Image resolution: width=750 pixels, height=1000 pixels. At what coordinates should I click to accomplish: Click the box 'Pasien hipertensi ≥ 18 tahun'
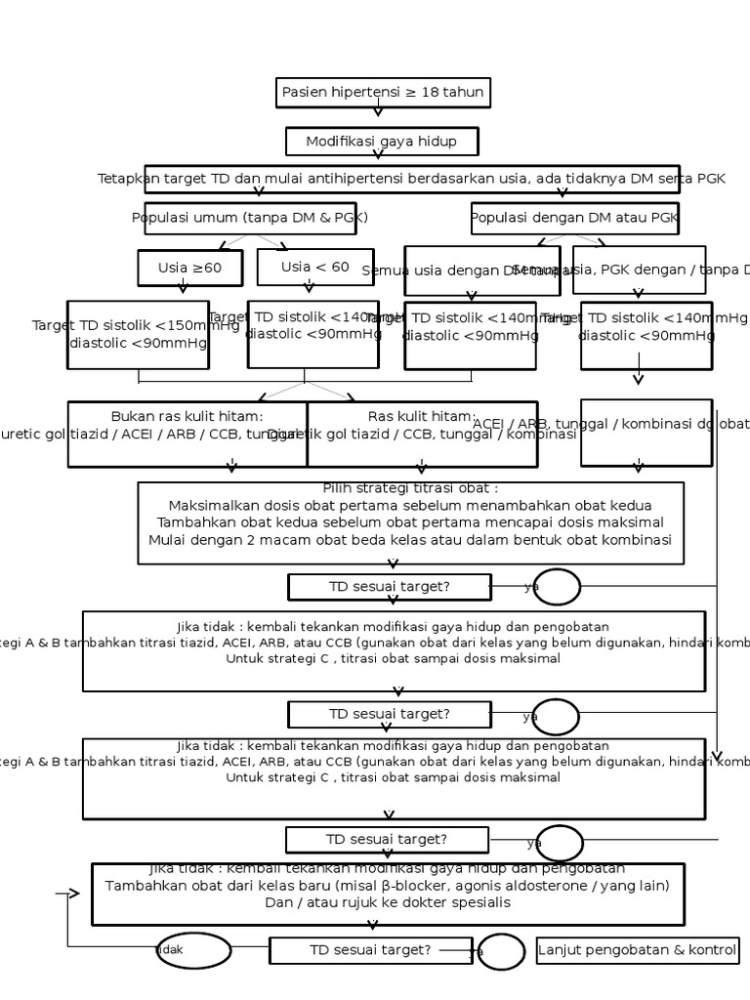pyautogui.click(x=382, y=93)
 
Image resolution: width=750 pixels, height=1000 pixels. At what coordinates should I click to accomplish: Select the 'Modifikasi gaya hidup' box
pyautogui.click(x=382, y=142)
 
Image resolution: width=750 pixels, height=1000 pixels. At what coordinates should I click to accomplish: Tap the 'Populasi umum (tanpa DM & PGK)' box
pyautogui.click(x=250, y=217)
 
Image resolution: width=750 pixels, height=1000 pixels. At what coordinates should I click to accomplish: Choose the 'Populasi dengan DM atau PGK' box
pyautogui.click(x=575, y=217)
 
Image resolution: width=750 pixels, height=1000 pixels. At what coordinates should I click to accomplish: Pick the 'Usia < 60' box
pyautogui.click(x=314, y=267)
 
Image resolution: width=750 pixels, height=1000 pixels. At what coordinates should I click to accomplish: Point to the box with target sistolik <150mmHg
pyautogui.click(x=138, y=334)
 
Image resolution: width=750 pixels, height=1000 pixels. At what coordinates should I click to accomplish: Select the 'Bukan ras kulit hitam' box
pyautogui.click(x=187, y=433)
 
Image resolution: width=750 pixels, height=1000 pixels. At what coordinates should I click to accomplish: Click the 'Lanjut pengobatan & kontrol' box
pyautogui.click(x=637, y=950)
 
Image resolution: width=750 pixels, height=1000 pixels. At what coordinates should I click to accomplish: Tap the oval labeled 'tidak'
pyautogui.click(x=193, y=950)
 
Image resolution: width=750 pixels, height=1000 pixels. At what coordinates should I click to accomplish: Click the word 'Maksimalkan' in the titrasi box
pyautogui.click(x=209, y=506)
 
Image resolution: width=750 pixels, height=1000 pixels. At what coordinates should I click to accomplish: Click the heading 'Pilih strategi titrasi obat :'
pyautogui.click(x=410, y=488)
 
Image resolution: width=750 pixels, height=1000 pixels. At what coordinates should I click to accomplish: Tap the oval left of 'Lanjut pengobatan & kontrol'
pyautogui.click(x=501, y=951)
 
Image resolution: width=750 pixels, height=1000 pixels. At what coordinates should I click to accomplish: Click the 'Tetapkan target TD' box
pyautogui.click(x=411, y=179)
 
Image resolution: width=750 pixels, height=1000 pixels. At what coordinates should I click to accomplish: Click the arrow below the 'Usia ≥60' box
pyautogui.click(x=183, y=286)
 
